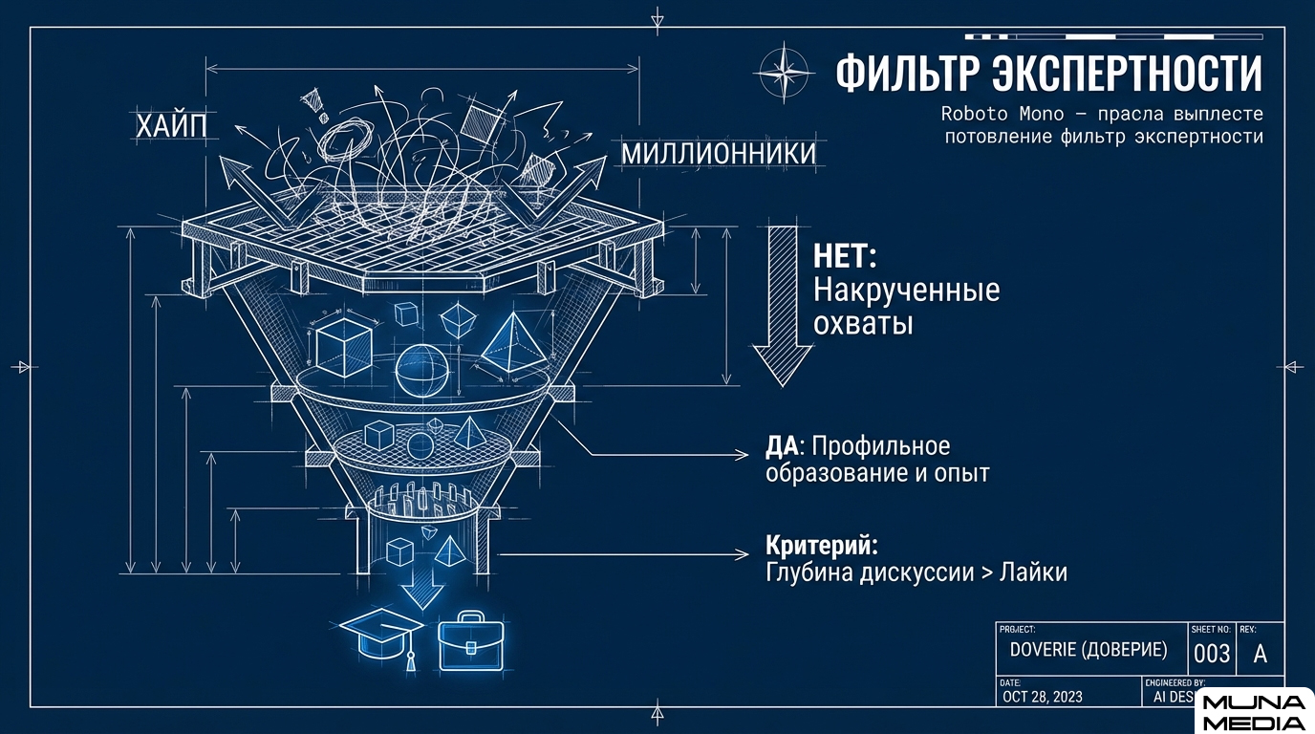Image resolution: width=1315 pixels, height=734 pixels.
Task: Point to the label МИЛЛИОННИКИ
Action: pos(719,154)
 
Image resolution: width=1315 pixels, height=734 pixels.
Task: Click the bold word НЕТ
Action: pos(845,257)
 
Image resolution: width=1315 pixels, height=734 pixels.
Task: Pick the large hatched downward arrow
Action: pos(782,304)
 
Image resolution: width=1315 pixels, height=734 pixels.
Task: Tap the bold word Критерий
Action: pos(821,546)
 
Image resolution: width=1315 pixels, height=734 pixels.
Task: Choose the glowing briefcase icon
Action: pos(469,639)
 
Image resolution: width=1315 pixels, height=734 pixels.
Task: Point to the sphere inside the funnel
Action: pos(422,371)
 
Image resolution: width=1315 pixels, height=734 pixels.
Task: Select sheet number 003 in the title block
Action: pos(1212,655)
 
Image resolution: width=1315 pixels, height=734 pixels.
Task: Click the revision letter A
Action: pos(1260,655)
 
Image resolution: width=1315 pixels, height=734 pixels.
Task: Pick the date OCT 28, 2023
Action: pos(1043,697)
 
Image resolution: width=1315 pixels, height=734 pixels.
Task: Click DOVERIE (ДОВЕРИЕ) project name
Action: pos(1088,650)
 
